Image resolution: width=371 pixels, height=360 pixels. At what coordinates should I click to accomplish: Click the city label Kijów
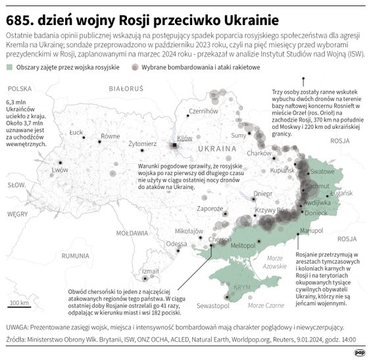(x=184, y=138)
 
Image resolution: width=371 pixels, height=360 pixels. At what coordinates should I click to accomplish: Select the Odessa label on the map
(x=176, y=244)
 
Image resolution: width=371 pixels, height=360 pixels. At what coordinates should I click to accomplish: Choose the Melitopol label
(x=243, y=245)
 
